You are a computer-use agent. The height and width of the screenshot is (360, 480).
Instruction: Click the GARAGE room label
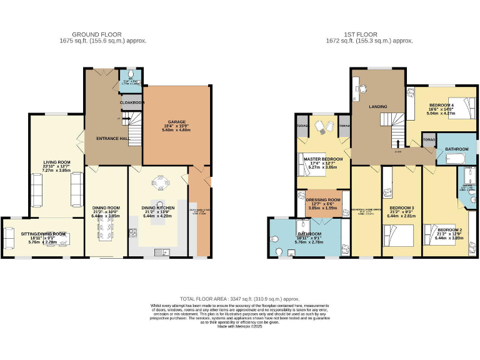(x=177, y=122)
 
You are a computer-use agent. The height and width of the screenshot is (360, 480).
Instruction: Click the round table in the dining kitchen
(x=161, y=182)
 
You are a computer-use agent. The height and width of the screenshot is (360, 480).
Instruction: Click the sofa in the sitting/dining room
(x=9, y=238)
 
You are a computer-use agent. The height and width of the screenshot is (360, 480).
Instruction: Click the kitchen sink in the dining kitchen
(x=166, y=252)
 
